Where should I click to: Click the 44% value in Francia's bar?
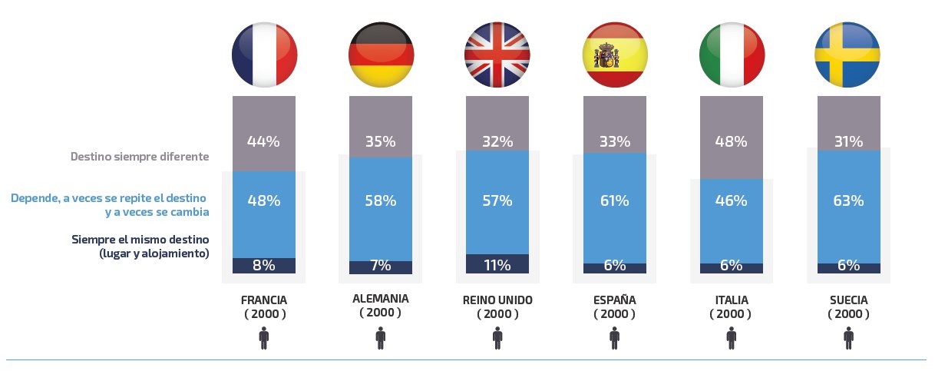pyautogui.click(x=264, y=141)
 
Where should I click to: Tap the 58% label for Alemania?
pyautogui.click(x=381, y=201)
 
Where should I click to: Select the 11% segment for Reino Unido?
pyautogui.click(x=497, y=266)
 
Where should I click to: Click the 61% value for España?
pyautogui.click(x=615, y=201)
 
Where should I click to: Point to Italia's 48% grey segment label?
pyautogui.click(x=732, y=141)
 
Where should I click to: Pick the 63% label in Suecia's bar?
pyautogui.click(x=848, y=201)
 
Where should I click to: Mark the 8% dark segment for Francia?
pyautogui.click(x=264, y=266)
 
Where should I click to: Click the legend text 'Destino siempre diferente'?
pyautogui.click(x=140, y=157)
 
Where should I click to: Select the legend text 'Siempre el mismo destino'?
pyautogui.click(x=140, y=239)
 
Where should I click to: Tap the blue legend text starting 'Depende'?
pyautogui.click(x=110, y=199)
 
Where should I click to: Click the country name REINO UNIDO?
pyautogui.click(x=497, y=300)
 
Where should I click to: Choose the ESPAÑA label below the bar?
pyautogui.click(x=615, y=300)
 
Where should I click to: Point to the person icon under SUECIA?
pyautogui.click(x=848, y=338)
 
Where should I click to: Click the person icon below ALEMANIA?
pyautogui.click(x=381, y=338)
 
